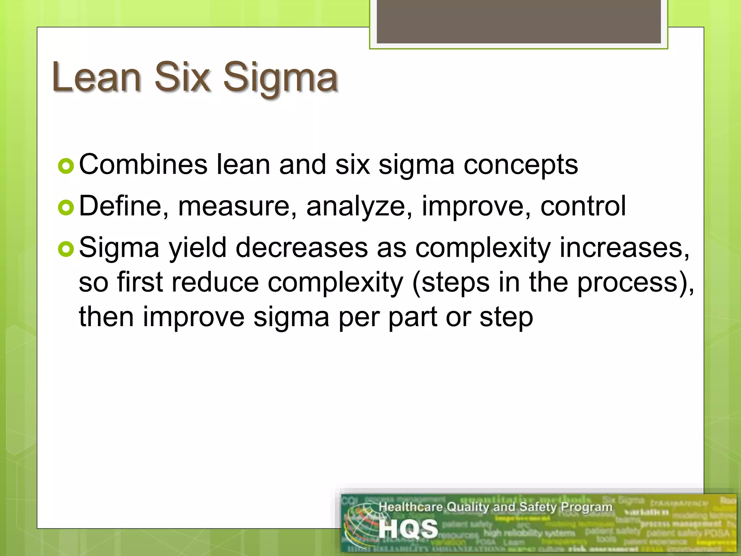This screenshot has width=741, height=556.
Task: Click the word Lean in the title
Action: click(96, 77)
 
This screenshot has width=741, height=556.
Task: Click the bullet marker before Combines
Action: click(66, 166)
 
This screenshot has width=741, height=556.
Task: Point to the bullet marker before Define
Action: click(66, 208)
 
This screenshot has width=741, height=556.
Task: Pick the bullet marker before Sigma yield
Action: click(66, 249)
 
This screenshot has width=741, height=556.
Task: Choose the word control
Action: click(583, 206)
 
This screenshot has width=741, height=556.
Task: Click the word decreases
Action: click(301, 248)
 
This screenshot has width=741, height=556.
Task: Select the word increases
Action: click(624, 248)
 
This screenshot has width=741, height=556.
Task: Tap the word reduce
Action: click(215, 282)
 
